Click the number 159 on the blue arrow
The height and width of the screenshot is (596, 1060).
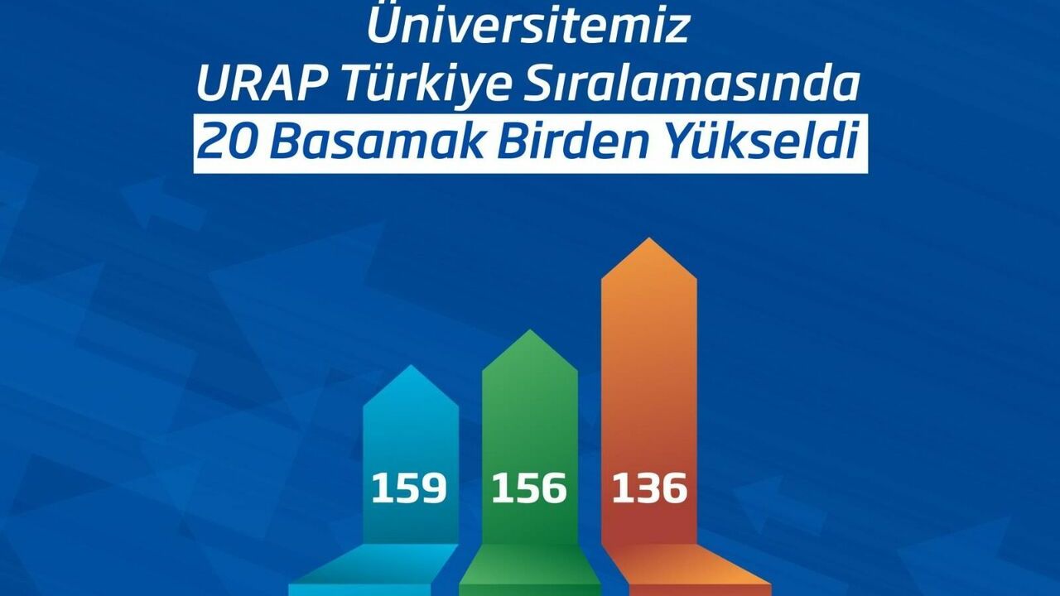[409, 488]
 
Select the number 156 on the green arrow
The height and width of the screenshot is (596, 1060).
[529, 488]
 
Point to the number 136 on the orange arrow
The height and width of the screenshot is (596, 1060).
[649, 488]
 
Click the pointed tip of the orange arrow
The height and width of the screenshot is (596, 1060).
[648, 238]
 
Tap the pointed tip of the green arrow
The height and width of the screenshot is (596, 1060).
[530, 330]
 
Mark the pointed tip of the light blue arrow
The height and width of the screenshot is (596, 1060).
[411, 366]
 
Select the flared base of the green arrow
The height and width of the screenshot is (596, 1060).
[530, 570]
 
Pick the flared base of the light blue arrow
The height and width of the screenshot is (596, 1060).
[373, 570]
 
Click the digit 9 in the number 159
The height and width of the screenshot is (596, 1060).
[435, 488]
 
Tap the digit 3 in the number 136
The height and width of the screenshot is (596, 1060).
[648, 488]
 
